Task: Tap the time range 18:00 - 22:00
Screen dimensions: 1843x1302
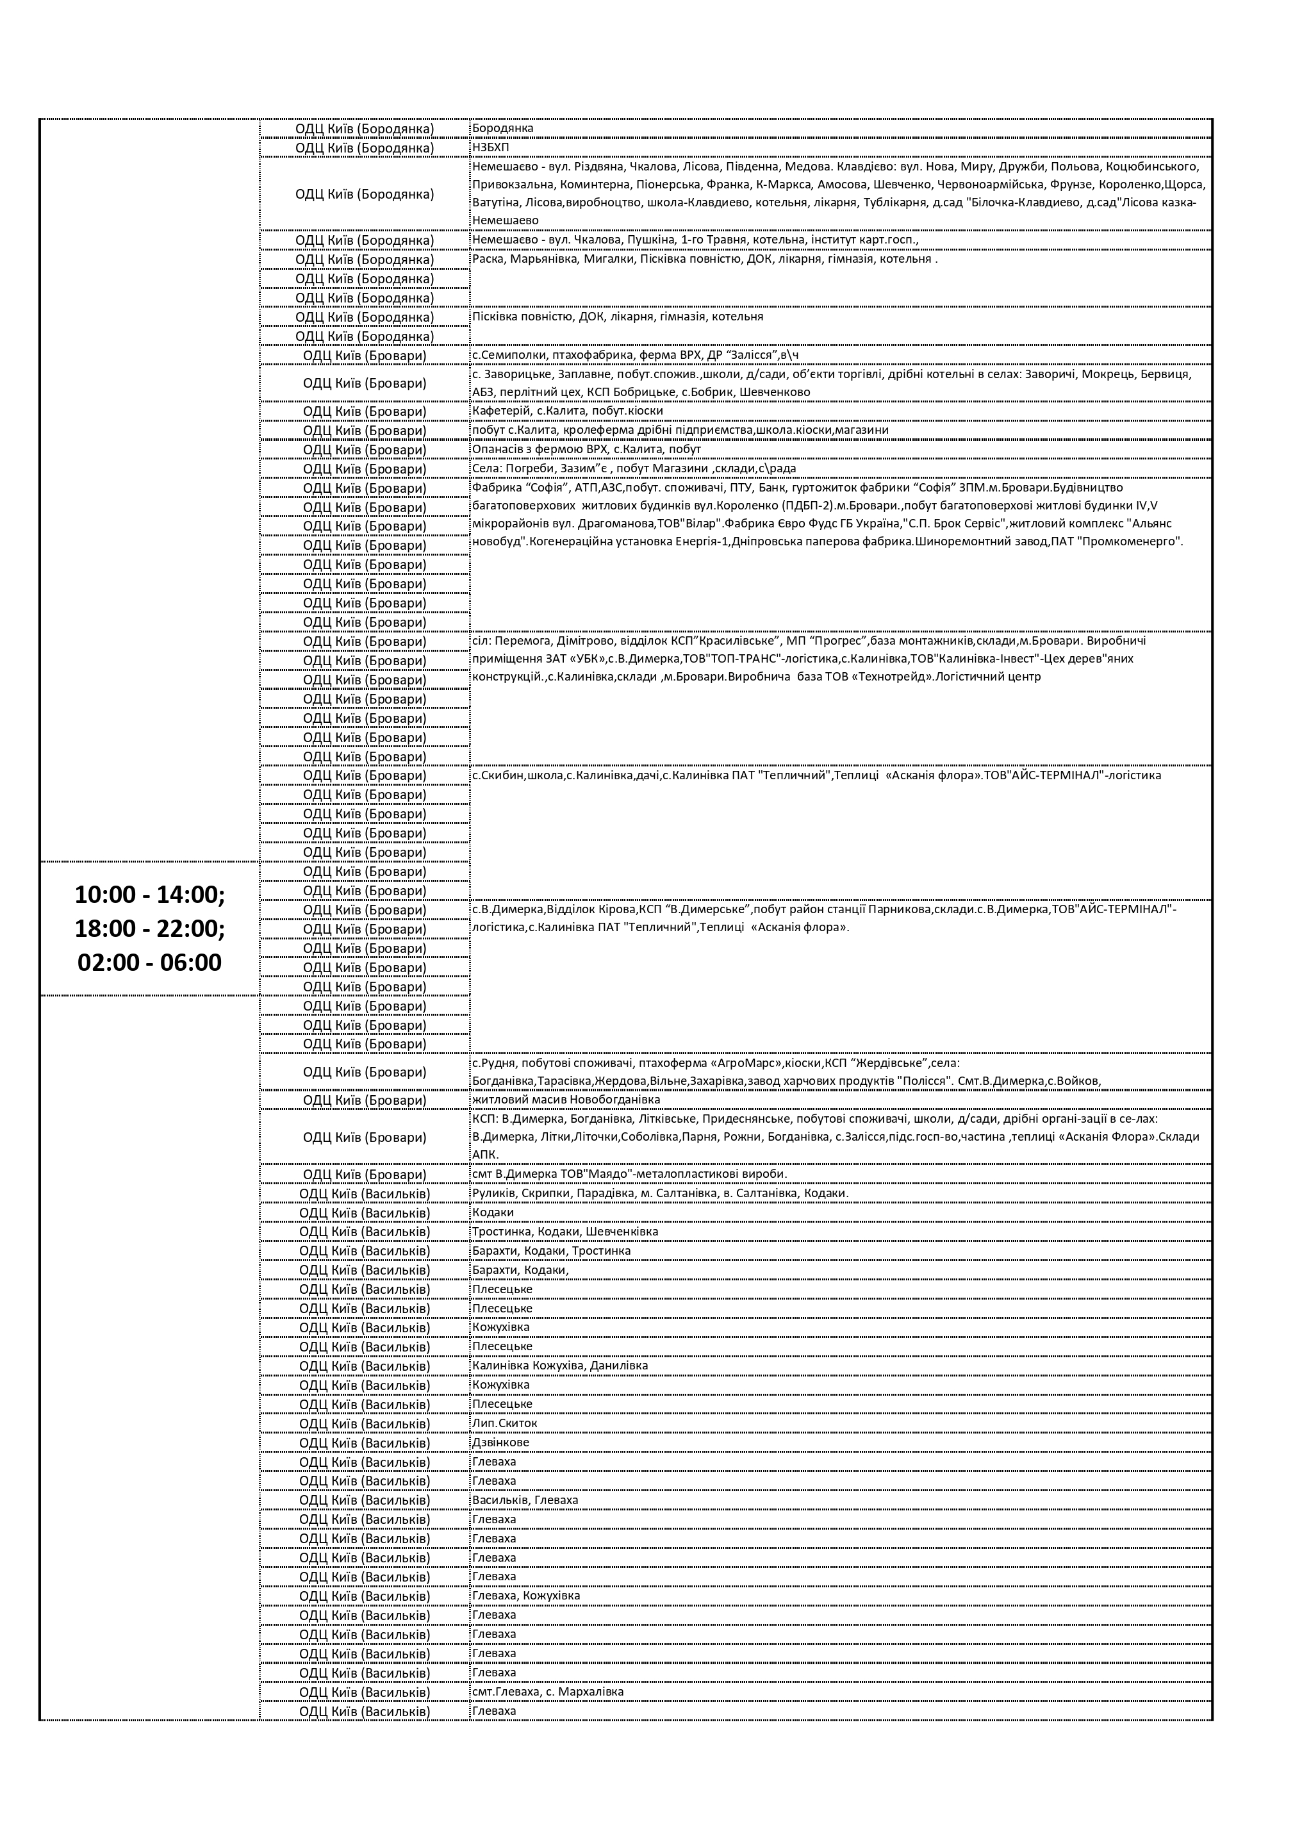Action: (x=149, y=929)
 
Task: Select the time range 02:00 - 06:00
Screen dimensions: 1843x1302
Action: (x=149, y=963)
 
